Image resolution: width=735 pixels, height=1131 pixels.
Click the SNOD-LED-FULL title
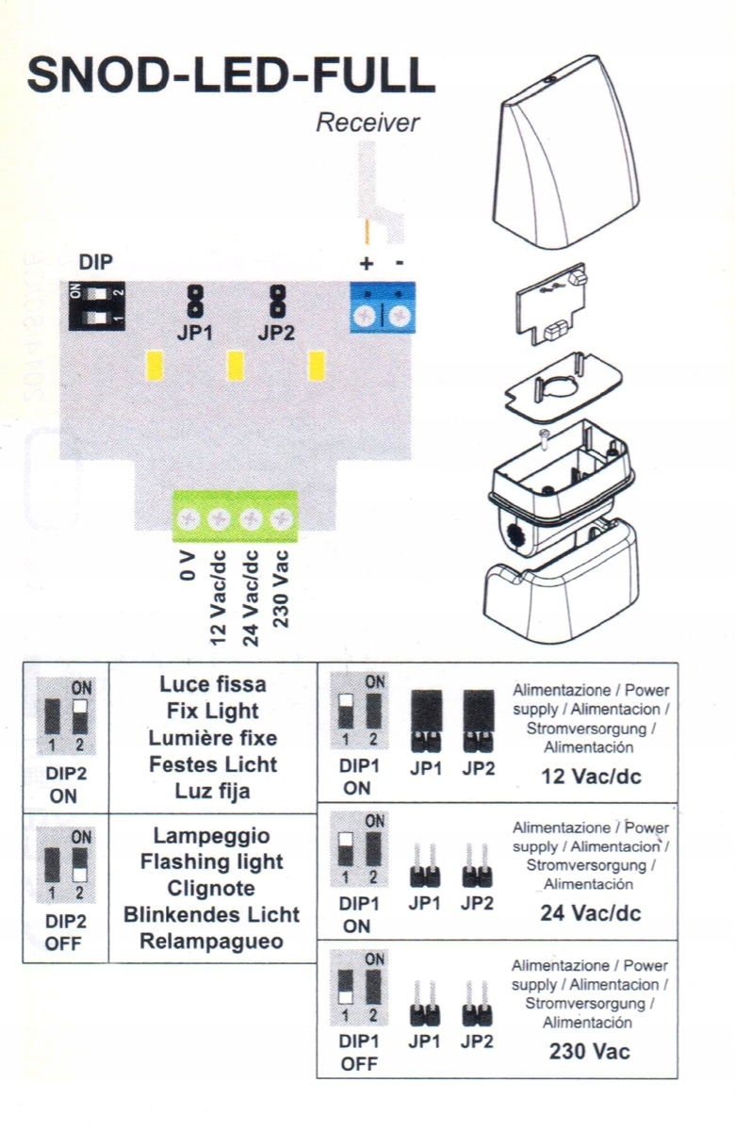pyautogui.click(x=232, y=75)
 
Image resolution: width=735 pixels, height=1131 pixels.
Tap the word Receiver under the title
pyautogui.click(x=367, y=123)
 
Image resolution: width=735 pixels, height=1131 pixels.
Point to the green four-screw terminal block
pyautogui.click(x=235, y=516)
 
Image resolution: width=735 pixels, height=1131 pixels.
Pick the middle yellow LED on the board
pyautogui.click(x=236, y=365)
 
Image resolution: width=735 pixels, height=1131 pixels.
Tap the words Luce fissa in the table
pyautogui.click(x=213, y=684)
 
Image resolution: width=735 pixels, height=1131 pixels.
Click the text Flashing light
pyautogui.click(x=212, y=861)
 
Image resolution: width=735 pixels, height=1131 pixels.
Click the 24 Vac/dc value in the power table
pyautogui.click(x=591, y=912)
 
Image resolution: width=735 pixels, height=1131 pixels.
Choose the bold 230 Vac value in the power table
pyautogui.click(x=590, y=1051)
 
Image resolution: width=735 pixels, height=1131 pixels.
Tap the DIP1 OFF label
pyautogui.click(x=357, y=1054)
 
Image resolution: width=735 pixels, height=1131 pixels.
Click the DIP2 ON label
pyautogui.click(x=65, y=785)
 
